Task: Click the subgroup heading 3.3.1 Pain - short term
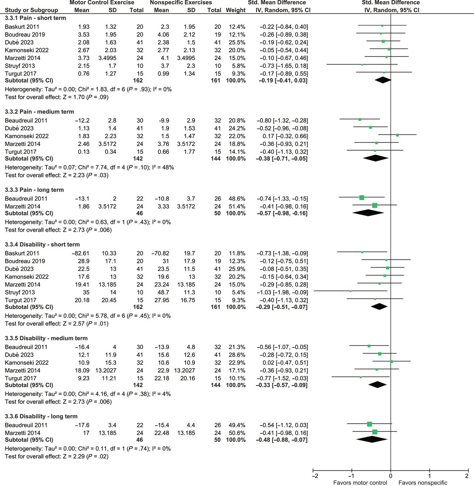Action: click(x=35, y=18)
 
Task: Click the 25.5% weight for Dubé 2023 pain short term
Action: click(x=237, y=42)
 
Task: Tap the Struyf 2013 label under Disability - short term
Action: click(x=20, y=292)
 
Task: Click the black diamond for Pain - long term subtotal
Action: click(x=368, y=213)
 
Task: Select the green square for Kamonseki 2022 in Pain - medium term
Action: click(x=397, y=135)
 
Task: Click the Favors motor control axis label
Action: click(x=360, y=482)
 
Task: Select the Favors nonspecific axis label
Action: click(x=423, y=482)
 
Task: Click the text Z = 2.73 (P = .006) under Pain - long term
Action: click(x=58, y=230)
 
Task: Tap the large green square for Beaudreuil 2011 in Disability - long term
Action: click(x=369, y=424)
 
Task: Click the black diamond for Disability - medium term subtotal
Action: click(x=377, y=385)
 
